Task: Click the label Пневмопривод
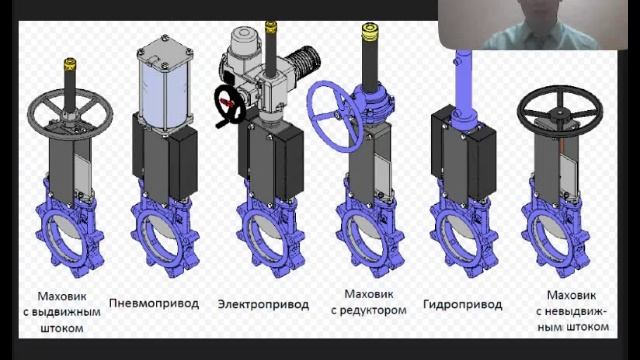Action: (x=154, y=304)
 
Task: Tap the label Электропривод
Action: (x=263, y=304)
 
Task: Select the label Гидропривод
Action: (x=462, y=304)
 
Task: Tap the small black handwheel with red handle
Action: (x=229, y=105)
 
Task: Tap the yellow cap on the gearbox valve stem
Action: (x=370, y=32)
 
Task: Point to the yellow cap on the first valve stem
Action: (x=70, y=64)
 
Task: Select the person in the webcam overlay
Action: (x=539, y=25)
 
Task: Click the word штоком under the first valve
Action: (x=62, y=328)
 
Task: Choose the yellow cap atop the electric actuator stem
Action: (x=271, y=26)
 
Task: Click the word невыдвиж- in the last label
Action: (x=571, y=311)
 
